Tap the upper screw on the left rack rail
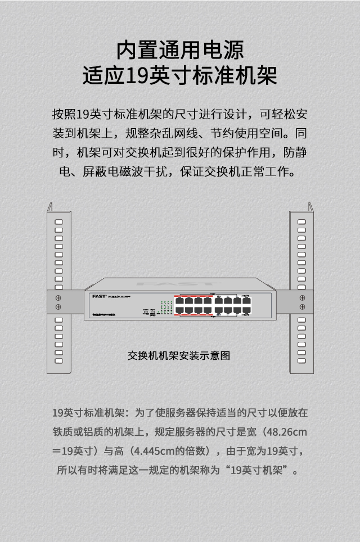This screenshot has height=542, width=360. tap(58, 297)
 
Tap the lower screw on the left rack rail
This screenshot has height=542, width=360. tap(58, 306)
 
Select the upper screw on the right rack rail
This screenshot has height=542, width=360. tap(302, 297)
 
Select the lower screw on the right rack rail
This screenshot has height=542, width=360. tap(302, 306)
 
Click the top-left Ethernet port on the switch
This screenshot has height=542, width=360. tap(179, 300)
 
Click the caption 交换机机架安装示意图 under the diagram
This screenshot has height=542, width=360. tap(179, 355)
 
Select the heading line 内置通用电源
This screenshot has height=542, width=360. tap(180, 51)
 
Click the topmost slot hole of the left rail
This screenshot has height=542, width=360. tap(58, 222)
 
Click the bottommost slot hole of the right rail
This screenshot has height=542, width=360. tap(302, 360)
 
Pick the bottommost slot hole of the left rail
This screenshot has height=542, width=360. tap(58, 360)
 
